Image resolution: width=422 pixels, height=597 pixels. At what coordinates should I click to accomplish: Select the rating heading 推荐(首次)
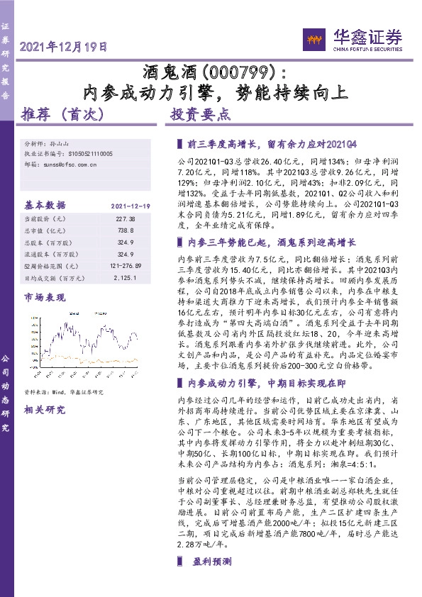tap(63, 113)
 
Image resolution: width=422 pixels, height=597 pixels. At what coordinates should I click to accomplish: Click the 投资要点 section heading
tap(200, 113)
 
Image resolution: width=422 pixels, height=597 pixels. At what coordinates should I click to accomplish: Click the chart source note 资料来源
tap(64, 391)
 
